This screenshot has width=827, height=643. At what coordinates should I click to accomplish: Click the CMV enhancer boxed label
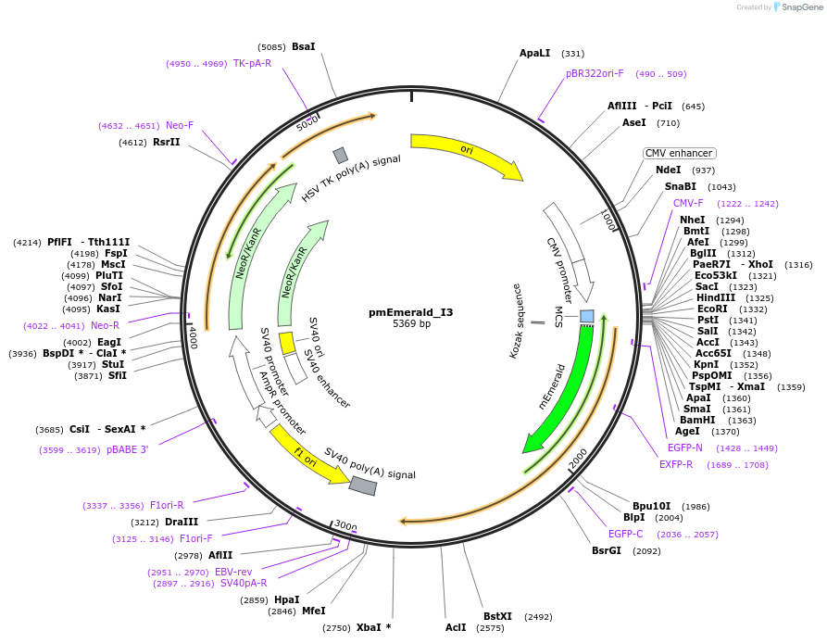coord(679,153)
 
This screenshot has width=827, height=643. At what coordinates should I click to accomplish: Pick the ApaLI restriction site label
coord(534,54)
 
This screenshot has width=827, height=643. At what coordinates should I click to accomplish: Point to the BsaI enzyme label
coord(303,46)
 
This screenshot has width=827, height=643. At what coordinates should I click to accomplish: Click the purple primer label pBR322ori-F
coord(595,73)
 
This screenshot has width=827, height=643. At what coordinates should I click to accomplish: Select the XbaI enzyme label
coord(372,627)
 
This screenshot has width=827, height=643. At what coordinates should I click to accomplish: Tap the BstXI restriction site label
coord(497,616)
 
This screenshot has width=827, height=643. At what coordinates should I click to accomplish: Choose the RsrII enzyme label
coord(167,142)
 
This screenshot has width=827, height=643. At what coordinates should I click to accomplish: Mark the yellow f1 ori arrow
coord(306,454)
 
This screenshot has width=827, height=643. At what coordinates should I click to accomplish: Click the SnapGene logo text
coord(803,6)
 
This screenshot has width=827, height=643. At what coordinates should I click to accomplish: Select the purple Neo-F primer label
coord(180,125)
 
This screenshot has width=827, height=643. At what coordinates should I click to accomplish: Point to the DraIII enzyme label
coord(181,522)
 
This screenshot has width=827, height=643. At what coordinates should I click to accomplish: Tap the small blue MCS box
coord(586,316)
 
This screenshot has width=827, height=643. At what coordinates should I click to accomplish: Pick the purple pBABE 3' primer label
coord(127,449)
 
